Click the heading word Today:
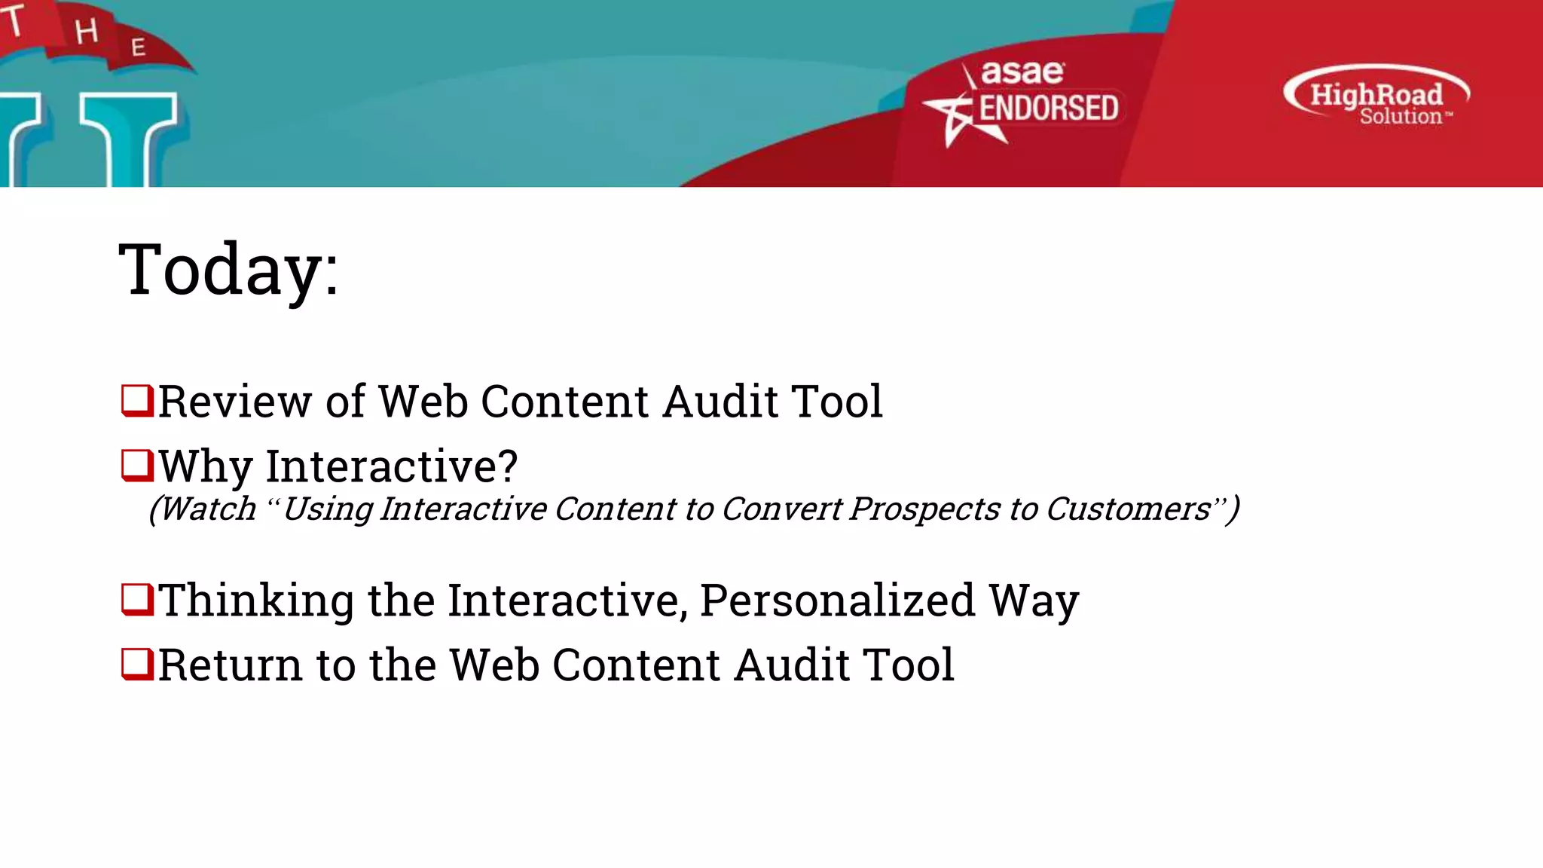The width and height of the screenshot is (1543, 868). coord(229,270)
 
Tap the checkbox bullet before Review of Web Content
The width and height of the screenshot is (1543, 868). coord(137,400)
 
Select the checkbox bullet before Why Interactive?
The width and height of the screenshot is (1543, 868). coord(137,465)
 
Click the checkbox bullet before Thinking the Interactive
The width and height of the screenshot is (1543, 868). coord(137,599)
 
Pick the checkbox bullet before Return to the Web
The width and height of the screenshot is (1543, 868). coord(137,664)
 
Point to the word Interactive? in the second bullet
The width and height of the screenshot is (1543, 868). coord(392,466)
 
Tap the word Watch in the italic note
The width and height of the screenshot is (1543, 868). coord(209,509)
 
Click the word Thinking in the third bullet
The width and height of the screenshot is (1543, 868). coord(256,601)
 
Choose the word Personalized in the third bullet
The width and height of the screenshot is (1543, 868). coord(837,601)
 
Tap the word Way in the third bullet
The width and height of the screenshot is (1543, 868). coord(1034,601)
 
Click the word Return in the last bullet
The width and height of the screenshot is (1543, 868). coord(231,665)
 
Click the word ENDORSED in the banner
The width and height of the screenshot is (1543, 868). coord(1048,108)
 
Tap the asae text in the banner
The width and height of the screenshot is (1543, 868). coord(1022,73)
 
